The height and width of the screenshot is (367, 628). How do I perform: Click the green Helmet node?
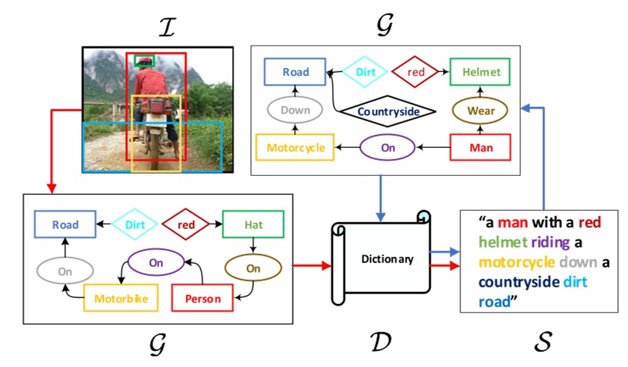tap(480, 72)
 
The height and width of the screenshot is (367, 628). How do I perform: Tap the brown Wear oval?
tap(480, 111)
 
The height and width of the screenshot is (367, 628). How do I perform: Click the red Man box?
tap(480, 147)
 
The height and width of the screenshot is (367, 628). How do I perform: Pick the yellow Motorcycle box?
tap(295, 147)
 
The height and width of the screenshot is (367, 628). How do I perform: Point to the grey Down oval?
tap(295, 111)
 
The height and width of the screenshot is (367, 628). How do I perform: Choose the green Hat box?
tap(253, 225)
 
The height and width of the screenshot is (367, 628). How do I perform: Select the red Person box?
tap(203, 298)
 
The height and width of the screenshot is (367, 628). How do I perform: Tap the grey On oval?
tap(65, 268)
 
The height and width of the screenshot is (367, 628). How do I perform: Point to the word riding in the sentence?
tap(555, 243)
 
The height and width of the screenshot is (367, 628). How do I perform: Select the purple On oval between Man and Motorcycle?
tap(388, 147)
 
